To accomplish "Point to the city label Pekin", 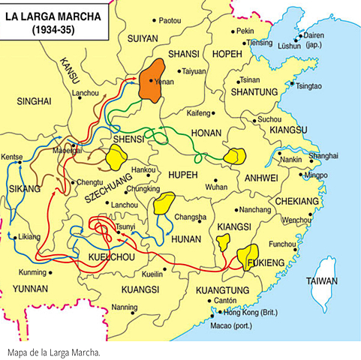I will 245,31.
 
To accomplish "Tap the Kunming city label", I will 33,271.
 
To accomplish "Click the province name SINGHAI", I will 33,100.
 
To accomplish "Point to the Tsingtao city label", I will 308,86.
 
